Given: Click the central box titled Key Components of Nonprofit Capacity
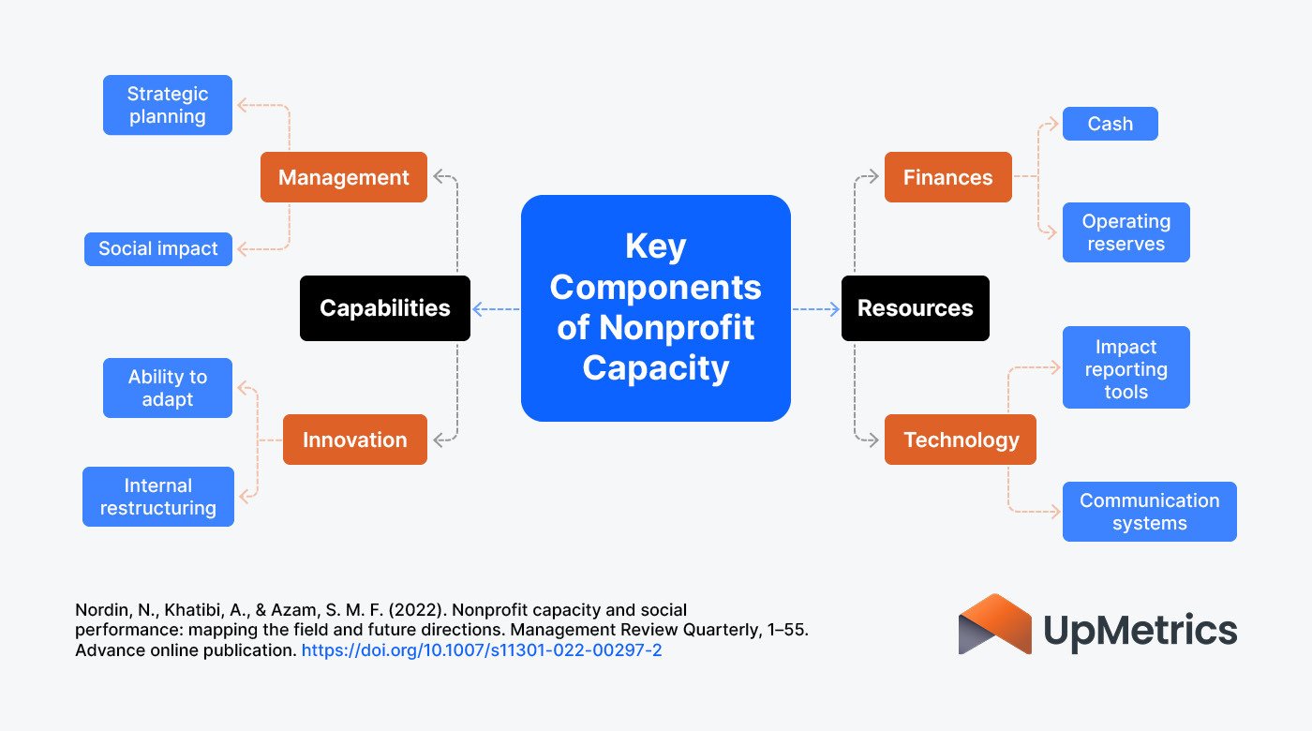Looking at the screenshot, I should pos(655,308).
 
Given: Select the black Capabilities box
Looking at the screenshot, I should pos(384,308).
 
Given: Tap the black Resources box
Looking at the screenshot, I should pos(915,308).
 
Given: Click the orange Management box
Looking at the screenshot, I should pos(344,177).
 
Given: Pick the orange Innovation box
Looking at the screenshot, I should pos(354,440).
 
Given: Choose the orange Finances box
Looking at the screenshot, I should pos(947,177).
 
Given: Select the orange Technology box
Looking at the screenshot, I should pos(960,440).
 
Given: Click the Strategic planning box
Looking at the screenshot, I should pos(168,105).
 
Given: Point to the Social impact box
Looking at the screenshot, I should pos(158,249).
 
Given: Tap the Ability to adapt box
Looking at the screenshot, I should pos(168,388).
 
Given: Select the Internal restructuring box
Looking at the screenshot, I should pos(158,497).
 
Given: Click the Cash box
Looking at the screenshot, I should pos(1110,124).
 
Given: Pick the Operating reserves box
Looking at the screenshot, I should pos(1126,232).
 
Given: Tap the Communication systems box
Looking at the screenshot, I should pos(1149,512).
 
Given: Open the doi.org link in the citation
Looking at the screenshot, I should pos(482,649).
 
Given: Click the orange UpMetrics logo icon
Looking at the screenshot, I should pos(994,624).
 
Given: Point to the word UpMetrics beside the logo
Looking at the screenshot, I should pos(1140,630).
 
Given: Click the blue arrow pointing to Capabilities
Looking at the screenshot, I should pos(495,309).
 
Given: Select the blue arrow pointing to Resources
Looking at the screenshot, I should pos(816,309).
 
